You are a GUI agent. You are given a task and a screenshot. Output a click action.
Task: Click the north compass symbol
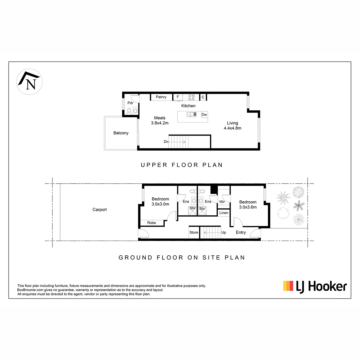[29, 82]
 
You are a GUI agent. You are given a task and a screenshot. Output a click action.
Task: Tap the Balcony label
[121, 133]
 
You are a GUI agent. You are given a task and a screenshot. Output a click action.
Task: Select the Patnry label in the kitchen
[161, 97]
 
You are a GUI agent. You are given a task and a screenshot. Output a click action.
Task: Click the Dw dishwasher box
[204, 115]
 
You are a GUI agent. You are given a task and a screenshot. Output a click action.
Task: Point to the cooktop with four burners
[191, 97]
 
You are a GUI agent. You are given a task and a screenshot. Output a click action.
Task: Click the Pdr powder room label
[130, 103]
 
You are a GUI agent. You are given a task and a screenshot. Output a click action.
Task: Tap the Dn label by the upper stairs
[166, 142]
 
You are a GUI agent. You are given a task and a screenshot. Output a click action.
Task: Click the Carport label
[100, 210]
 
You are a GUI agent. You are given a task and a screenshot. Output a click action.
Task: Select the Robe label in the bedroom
[152, 223]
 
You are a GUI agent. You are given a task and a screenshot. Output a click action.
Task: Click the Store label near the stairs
[194, 232]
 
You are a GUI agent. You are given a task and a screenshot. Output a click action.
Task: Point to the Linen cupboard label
[224, 213]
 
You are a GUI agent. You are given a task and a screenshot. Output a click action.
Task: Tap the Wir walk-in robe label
[222, 202]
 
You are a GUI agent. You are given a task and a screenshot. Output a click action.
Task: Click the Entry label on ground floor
[241, 232]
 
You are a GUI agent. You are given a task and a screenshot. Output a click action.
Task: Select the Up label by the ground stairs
[224, 232]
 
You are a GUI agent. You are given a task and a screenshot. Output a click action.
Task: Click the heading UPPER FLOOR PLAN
[182, 165]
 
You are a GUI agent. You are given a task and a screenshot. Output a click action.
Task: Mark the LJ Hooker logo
[315, 286]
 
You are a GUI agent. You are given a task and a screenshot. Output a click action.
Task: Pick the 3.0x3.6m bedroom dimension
[248, 207]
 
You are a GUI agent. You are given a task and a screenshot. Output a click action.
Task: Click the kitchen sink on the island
[191, 115]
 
